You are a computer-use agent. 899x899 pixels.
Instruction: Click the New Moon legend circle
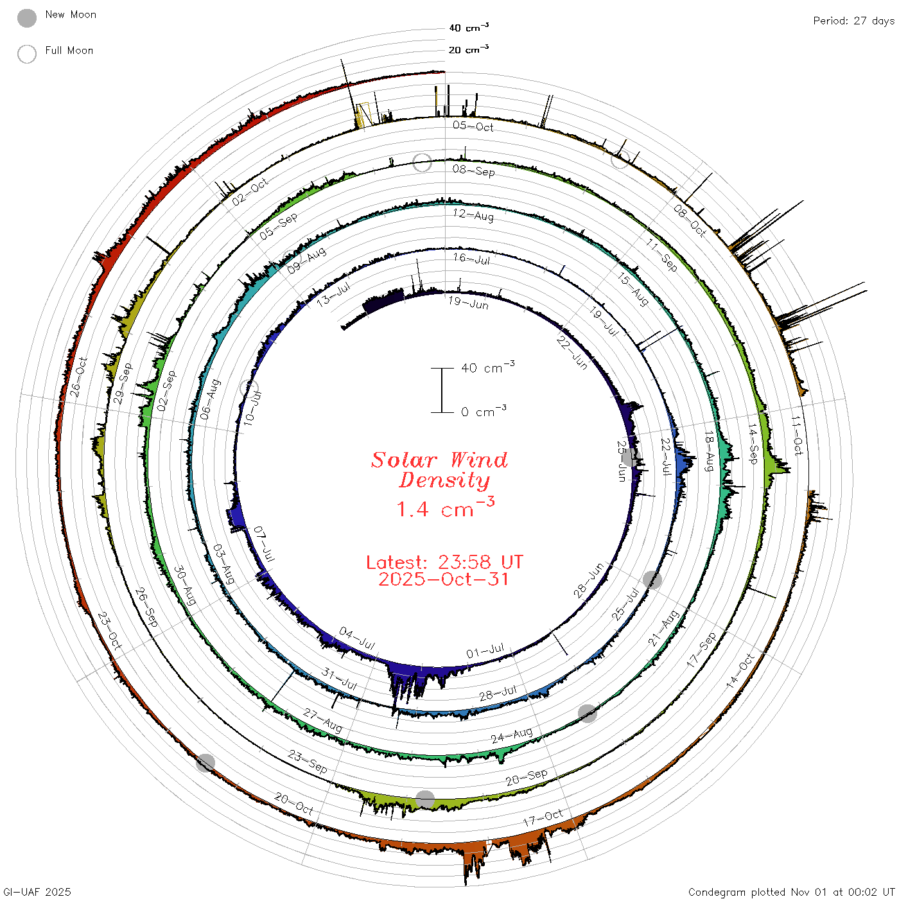pos(26,18)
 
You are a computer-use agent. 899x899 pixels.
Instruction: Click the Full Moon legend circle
pos(26,54)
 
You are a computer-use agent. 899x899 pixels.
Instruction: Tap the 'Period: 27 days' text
pos(854,21)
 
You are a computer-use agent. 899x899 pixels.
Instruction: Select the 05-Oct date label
pos(473,126)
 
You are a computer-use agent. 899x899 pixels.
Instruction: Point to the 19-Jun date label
pos(468,303)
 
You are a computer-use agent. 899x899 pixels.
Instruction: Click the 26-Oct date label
pos(78,377)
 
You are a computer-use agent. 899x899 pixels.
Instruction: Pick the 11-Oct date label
pos(797,435)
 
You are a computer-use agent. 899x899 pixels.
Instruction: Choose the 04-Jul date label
pos(357,639)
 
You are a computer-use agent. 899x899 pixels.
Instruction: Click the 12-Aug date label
pos(473,215)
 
